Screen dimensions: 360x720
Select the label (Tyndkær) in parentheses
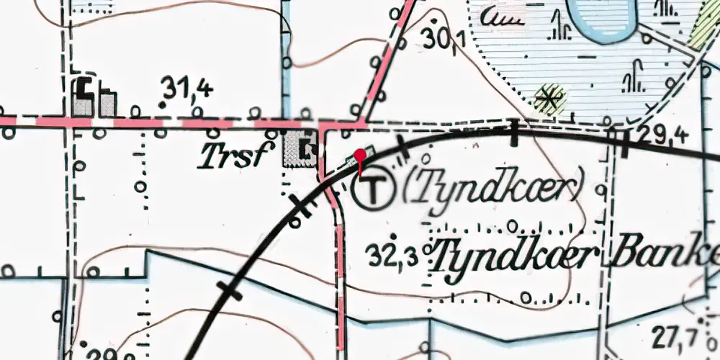tap(492, 189)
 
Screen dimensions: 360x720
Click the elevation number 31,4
tap(187, 89)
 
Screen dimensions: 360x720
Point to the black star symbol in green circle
tap(549, 99)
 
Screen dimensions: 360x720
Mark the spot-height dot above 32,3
tap(394, 236)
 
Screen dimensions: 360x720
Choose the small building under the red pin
tap(364, 153)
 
